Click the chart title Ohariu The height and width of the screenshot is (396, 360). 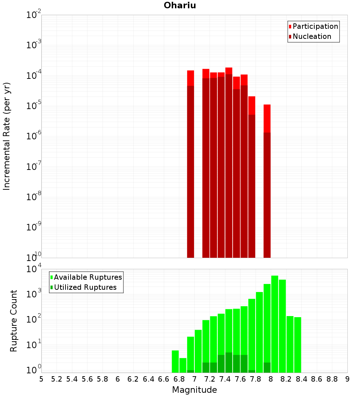(x=180, y=5)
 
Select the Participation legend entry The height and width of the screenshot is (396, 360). (x=315, y=26)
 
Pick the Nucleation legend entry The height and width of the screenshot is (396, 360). (x=311, y=36)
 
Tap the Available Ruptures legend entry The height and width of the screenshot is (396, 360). (x=87, y=277)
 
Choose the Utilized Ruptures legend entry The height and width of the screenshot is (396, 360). (x=85, y=287)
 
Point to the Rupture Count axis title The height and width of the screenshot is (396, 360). (x=14, y=320)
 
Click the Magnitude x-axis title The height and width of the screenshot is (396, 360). (x=194, y=390)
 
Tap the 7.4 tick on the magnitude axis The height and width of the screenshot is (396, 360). (x=225, y=379)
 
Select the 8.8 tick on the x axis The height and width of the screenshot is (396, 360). (x=332, y=379)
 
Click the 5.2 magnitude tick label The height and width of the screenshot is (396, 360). (x=57, y=379)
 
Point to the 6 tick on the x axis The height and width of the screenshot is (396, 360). (x=118, y=379)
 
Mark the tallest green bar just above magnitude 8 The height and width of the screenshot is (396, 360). (x=275, y=324)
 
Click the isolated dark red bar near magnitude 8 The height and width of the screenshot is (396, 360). (x=267, y=194)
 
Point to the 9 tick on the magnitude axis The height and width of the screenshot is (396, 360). (x=347, y=379)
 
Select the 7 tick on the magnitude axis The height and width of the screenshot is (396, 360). (x=194, y=379)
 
